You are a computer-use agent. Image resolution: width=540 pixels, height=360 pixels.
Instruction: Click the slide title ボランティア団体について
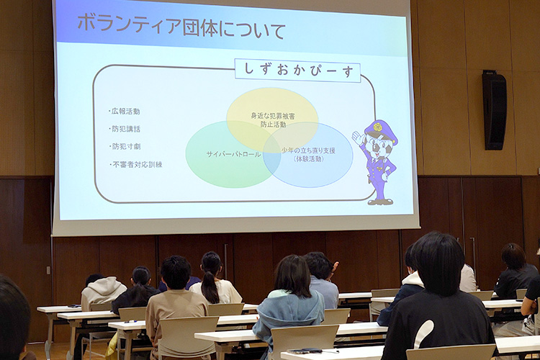click(x=181, y=27)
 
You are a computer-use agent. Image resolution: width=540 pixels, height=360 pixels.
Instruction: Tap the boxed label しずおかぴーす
click(x=297, y=71)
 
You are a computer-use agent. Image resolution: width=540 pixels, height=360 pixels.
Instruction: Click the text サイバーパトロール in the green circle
click(x=233, y=154)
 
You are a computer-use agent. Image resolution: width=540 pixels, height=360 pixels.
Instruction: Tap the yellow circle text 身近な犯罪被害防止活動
click(x=273, y=120)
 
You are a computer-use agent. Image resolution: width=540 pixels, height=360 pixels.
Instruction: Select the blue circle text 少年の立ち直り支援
click(x=308, y=150)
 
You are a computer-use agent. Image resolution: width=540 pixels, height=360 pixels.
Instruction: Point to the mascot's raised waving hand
click(x=358, y=138)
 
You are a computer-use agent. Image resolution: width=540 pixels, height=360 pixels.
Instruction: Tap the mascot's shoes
click(x=380, y=202)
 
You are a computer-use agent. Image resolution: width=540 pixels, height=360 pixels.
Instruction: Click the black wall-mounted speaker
click(x=494, y=110)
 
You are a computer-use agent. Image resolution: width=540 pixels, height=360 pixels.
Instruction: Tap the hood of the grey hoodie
click(x=103, y=286)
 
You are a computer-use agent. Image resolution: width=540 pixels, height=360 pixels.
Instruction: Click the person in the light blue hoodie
click(x=290, y=303)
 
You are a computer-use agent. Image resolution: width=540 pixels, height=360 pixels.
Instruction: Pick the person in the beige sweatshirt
click(x=176, y=303)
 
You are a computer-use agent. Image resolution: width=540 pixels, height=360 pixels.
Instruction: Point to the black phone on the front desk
click(x=305, y=351)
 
